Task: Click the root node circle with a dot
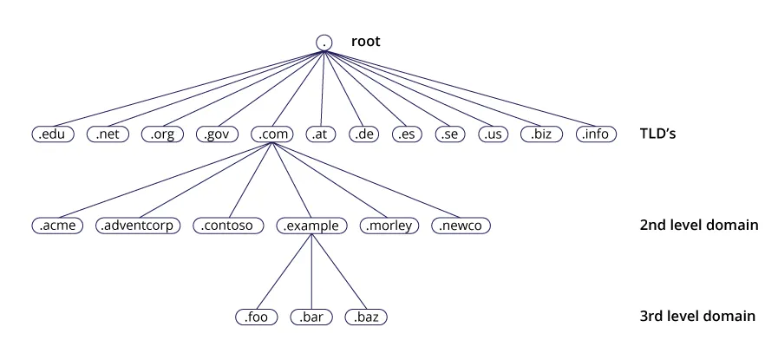tap(324, 42)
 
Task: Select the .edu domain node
tap(54, 134)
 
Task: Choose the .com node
tap(274, 134)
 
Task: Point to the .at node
tap(322, 134)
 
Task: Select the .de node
tap(365, 134)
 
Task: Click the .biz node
tap(541, 134)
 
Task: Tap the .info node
tap(596, 134)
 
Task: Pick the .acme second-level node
tap(57, 226)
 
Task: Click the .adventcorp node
tap(138, 226)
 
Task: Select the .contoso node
tap(228, 226)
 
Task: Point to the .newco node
tap(461, 226)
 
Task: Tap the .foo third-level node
tap(257, 317)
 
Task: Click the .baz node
tap(365, 317)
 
